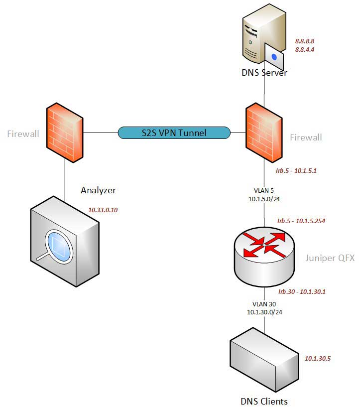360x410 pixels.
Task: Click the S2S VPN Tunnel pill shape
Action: pyautogui.click(x=174, y=133)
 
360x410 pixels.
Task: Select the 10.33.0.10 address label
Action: pyautogui.click(x=103, y=210)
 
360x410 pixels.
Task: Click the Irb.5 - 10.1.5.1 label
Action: pyautogui.click(x=296, y=170)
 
